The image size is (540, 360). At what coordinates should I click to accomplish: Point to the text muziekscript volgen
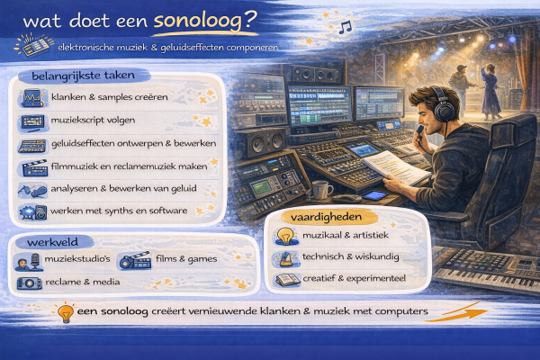tap(96, 119)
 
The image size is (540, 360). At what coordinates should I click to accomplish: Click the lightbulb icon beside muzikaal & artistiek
tap(284, 237)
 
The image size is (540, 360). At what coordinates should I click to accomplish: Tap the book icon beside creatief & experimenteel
tap(285, 281)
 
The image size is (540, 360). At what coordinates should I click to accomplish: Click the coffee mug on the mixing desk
tap(321, 190)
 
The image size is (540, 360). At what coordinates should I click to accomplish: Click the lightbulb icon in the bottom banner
tap(65, 313)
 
